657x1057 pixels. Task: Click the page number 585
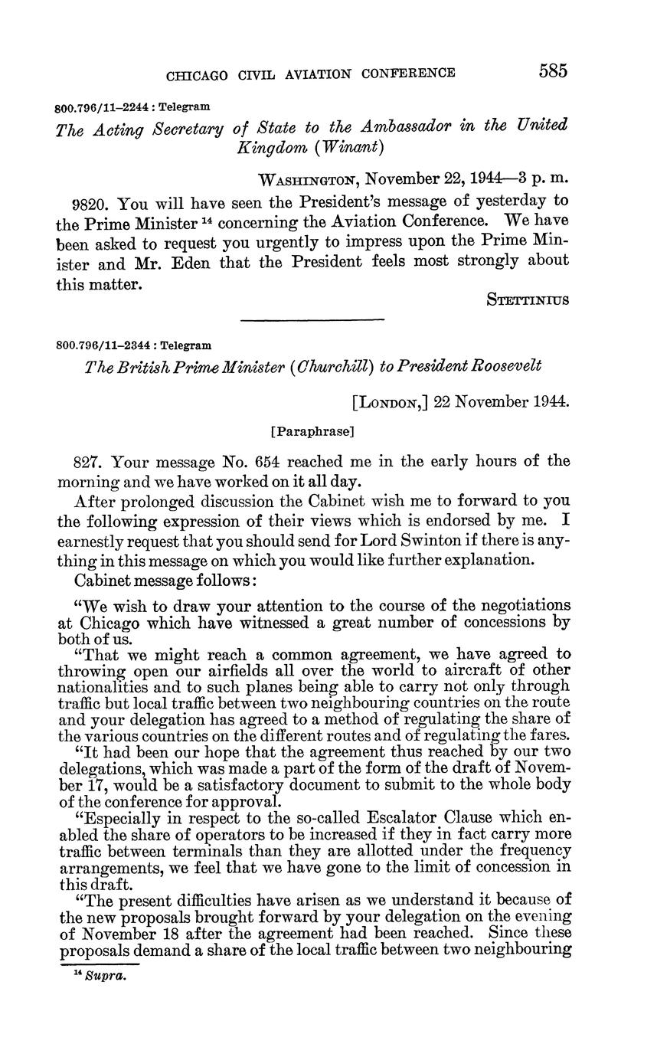(553, 71)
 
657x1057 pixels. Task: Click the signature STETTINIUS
(528, 299)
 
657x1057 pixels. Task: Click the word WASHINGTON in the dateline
(309, 181)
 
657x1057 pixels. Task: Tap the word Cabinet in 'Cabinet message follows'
(100, 580)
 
